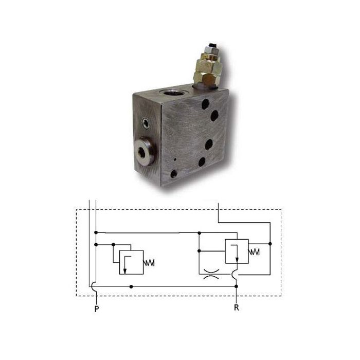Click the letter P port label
(97, 309)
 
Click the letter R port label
(237, 308)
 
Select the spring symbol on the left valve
(149, 263)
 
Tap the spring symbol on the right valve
(254, 252)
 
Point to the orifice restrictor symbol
(211, 274)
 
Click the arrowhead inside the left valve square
(125, 271)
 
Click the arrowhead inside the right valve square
(237, 260)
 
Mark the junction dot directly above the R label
(237, 286)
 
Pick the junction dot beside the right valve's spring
(270, 244)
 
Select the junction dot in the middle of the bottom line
(131, 286)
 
